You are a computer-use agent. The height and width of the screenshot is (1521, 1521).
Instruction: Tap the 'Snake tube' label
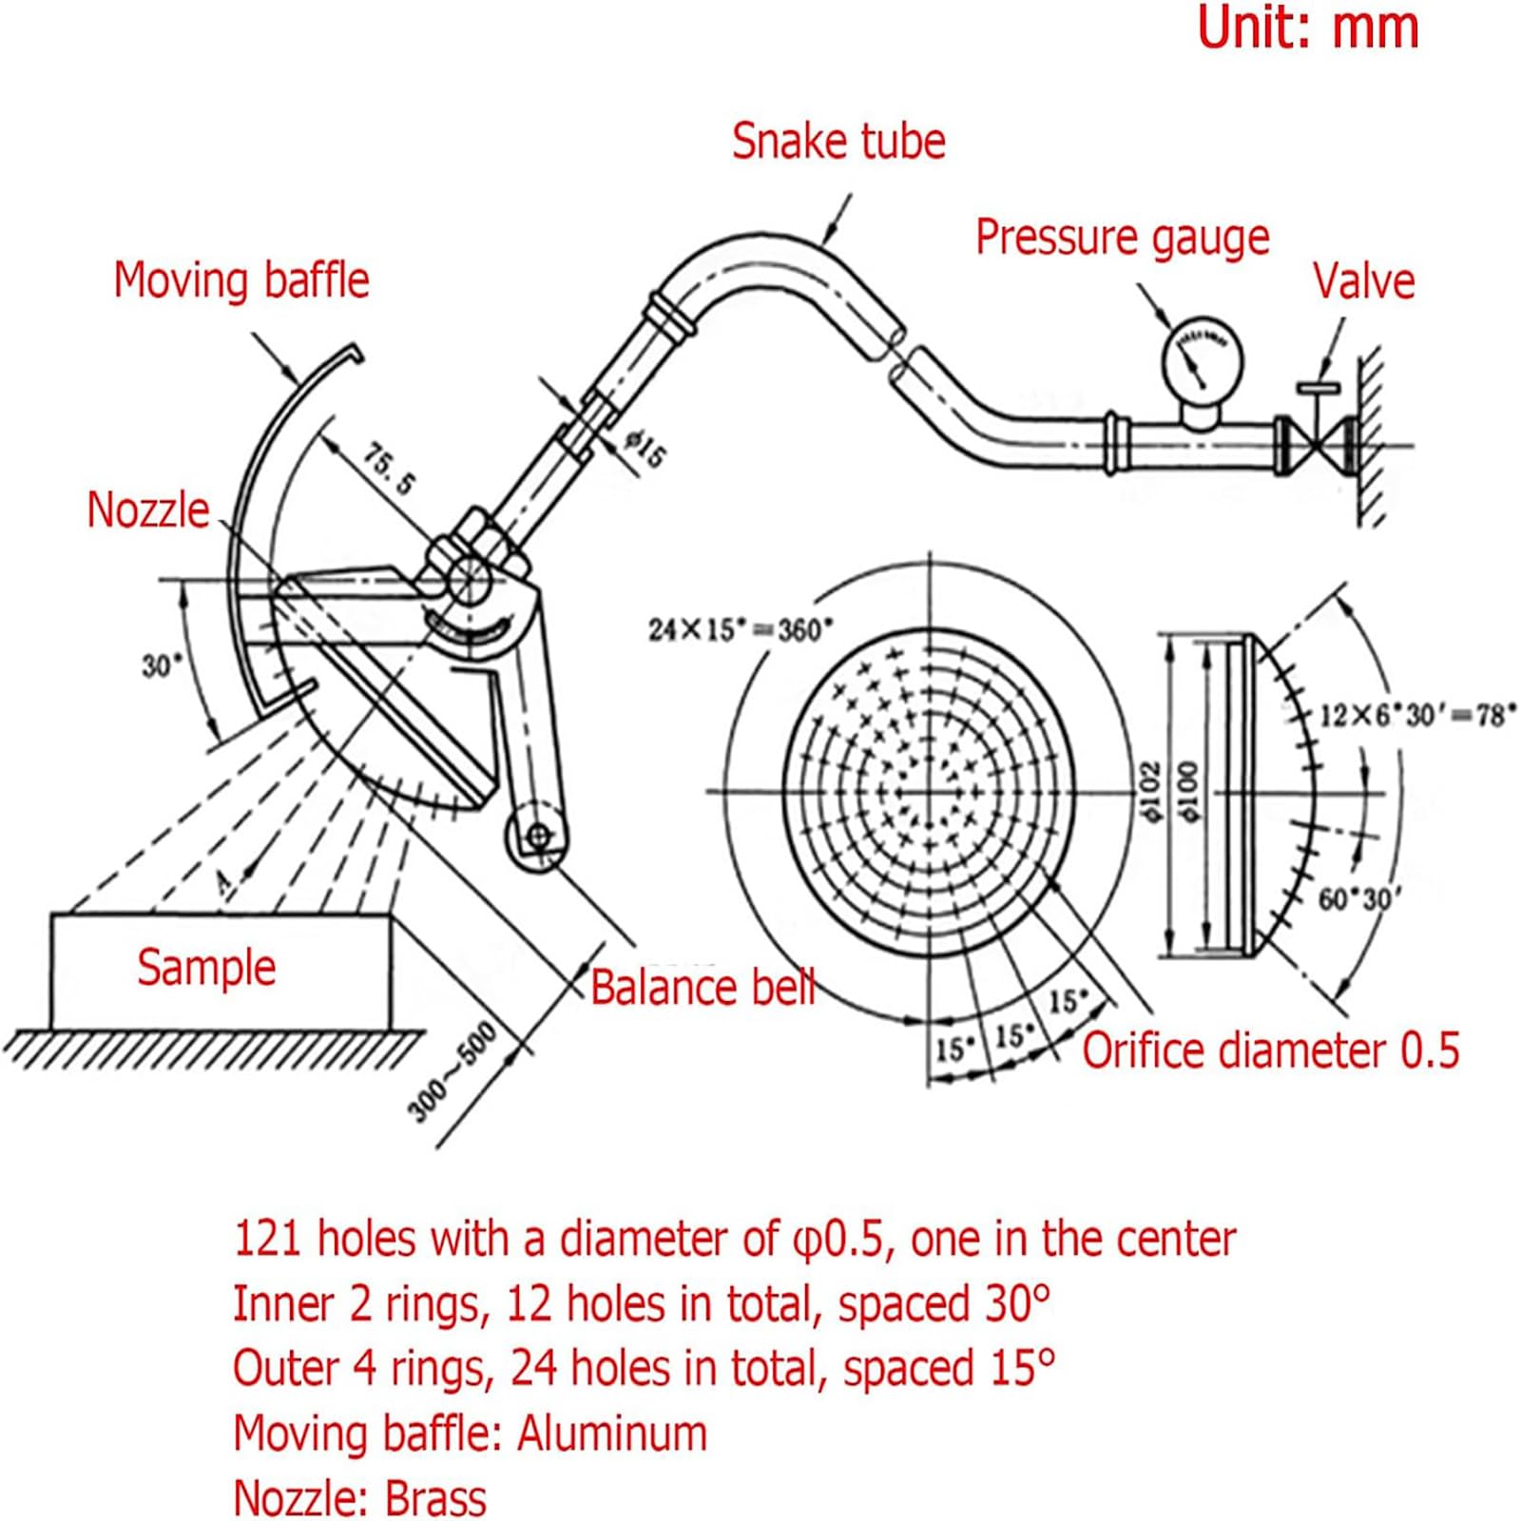[838, 141]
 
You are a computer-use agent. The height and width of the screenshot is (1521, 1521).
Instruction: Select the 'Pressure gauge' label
[1123, 237]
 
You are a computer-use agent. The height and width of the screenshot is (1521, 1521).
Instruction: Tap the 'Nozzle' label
[147, 510]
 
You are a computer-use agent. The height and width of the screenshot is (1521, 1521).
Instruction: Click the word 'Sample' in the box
[206, 968]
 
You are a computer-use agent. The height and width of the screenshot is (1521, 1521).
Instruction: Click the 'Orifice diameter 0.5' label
[1270, 1050]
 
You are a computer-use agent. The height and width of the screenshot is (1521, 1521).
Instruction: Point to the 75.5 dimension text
[390, 469]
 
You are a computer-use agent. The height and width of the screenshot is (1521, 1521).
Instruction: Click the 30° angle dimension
[159, 665]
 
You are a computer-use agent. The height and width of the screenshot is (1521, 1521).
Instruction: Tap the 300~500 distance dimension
[452, 1071]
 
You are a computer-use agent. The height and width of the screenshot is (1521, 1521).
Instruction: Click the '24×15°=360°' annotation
[741, 629]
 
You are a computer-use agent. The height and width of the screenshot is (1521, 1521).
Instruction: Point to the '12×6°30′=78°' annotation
[1416, 714]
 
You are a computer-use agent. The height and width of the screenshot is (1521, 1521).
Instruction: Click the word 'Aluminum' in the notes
[612, 1433]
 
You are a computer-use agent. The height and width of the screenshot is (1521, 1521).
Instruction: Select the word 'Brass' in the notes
[435, 1497]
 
